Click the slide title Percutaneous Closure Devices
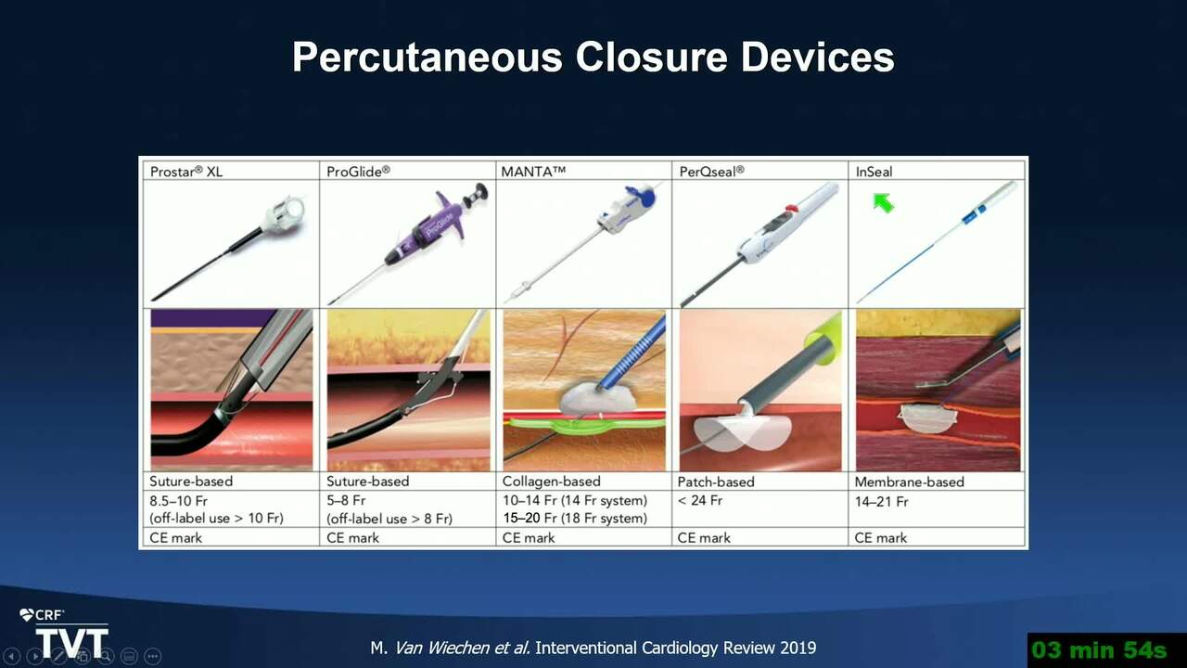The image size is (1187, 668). [593, 58]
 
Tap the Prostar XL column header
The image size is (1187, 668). [186, 172]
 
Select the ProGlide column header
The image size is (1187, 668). [358, 172]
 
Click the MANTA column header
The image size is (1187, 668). [533, 172]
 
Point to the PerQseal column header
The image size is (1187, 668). [711, 172]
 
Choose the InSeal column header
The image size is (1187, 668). [874, 172]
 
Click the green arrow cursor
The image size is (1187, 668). [884, 203]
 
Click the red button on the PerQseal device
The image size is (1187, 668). [792, 209]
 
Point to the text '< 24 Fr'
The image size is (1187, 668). [700, 500]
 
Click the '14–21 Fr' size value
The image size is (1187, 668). [881, 502]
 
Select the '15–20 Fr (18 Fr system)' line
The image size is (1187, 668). [575, 518]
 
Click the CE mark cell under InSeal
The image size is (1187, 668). [881, 538]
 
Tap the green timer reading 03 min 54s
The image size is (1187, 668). [1099, 650]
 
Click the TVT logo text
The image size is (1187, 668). [72, 643]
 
